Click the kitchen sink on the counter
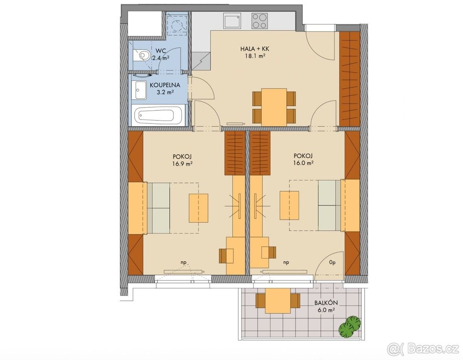point(232,21)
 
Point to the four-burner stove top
point(260,21)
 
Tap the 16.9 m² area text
point(183,164)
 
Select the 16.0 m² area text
point(302,163)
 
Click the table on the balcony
point(278,301)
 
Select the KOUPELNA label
point(165,85)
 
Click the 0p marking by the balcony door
point(332,263)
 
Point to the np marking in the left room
point(183,263)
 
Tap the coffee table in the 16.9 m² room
point(199,208)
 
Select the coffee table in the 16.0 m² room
point(289,205)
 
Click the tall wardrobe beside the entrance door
point(350,79)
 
